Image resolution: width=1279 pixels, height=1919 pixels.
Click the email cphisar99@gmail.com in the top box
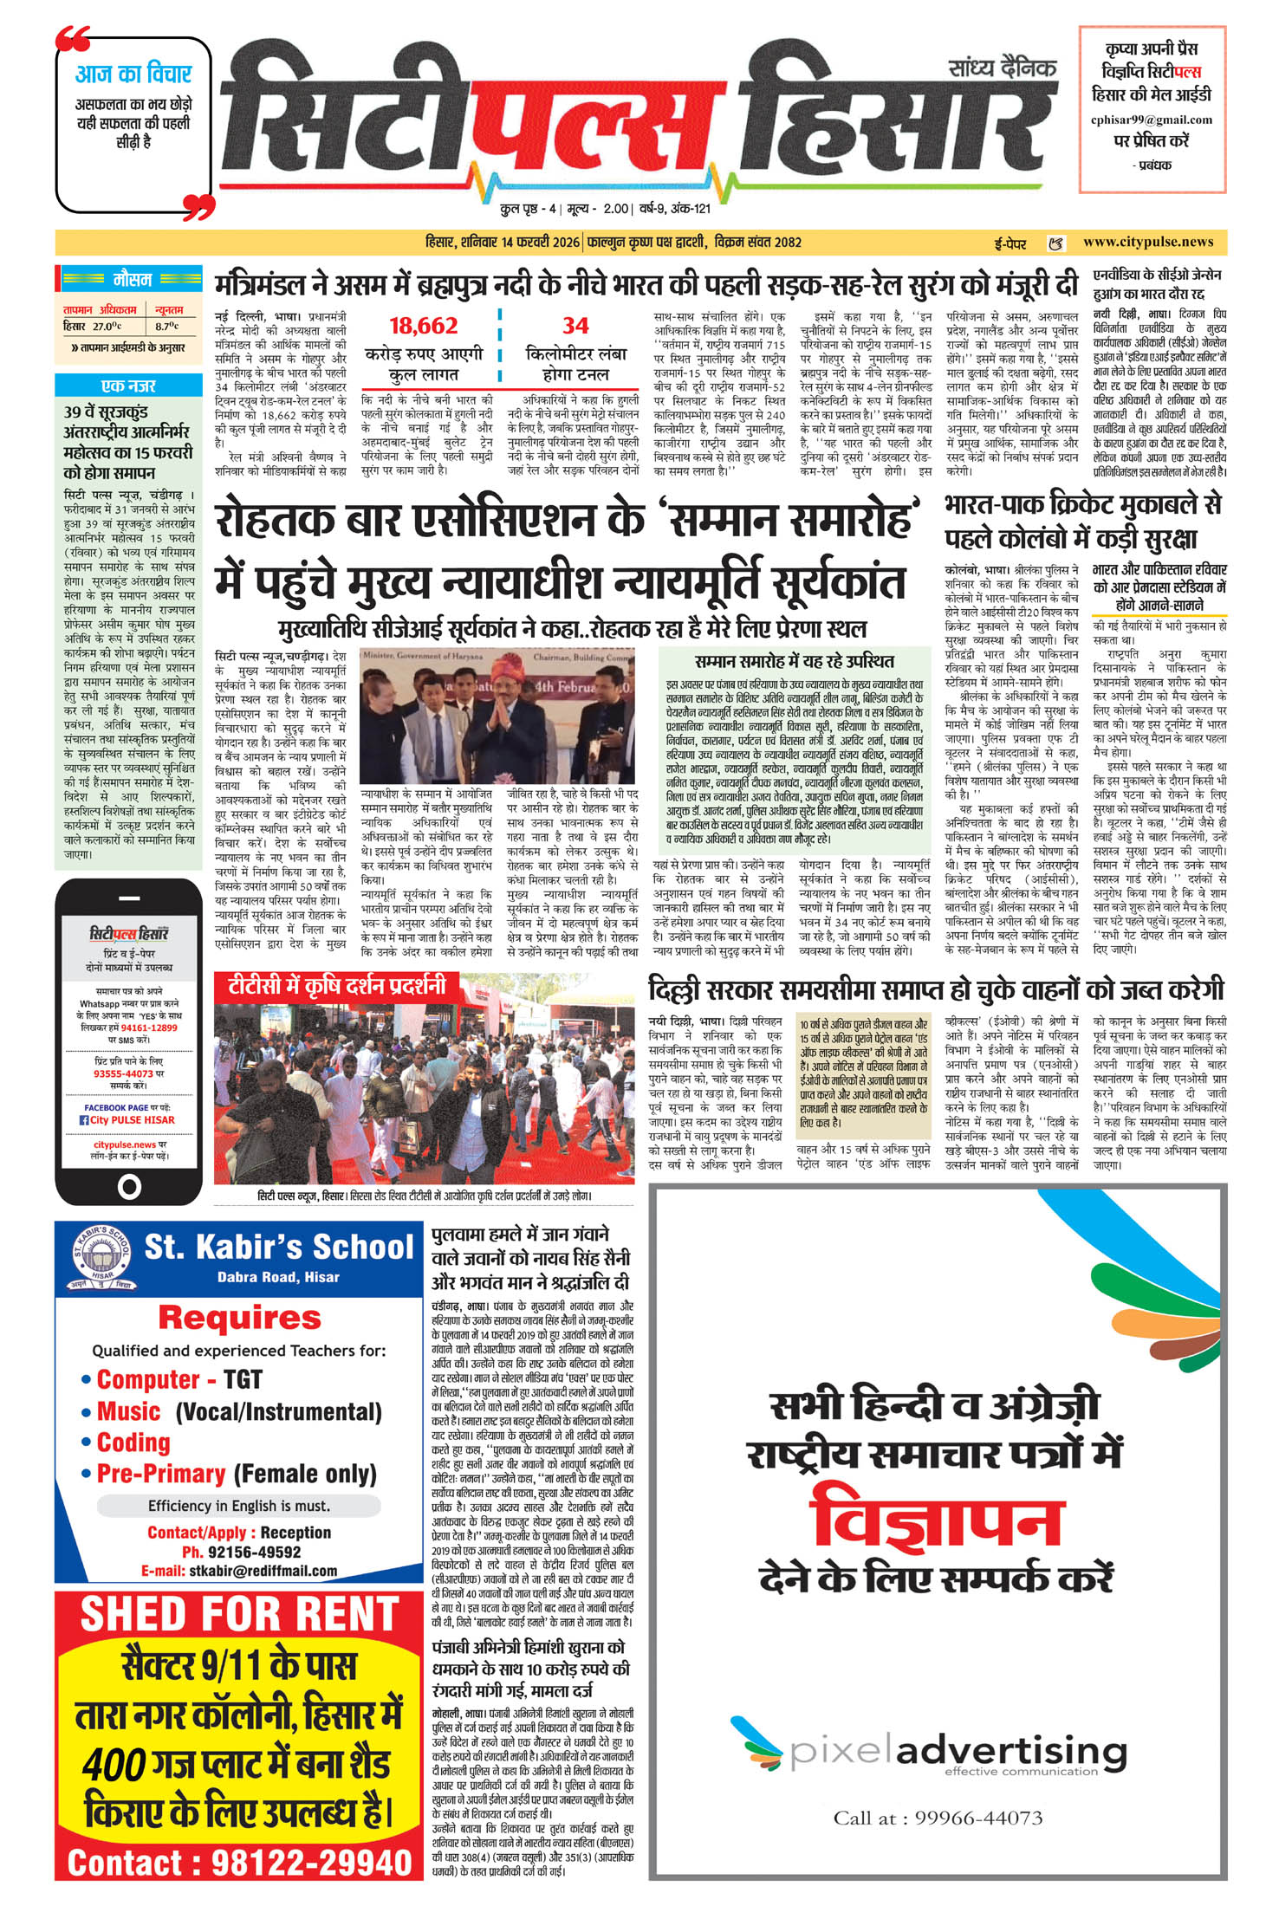click(1151, 120)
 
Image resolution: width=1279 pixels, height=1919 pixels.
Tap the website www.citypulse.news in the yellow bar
click(1147, 243)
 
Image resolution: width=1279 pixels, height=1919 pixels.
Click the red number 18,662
click(423, 327)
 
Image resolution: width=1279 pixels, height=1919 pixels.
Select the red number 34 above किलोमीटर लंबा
click(575, 327)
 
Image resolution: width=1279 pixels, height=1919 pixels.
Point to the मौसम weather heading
click(133, 280)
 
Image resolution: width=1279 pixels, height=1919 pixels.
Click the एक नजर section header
click(128, 385)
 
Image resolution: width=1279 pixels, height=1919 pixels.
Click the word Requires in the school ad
click(240, 1318)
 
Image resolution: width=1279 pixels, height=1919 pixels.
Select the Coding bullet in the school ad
click(133, 1442)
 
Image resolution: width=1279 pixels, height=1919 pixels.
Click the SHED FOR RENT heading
click(239, 1615)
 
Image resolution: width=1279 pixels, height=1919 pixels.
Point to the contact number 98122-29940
click(312, 1861)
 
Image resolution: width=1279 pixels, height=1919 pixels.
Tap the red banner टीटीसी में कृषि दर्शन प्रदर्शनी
click(337, 986)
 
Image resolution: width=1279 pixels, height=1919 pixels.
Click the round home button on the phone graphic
click(129, 1186)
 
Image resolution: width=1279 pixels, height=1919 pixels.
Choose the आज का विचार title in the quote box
click(133, 74)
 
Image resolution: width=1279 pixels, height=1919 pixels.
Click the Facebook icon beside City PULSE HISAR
click(84, 1120)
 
